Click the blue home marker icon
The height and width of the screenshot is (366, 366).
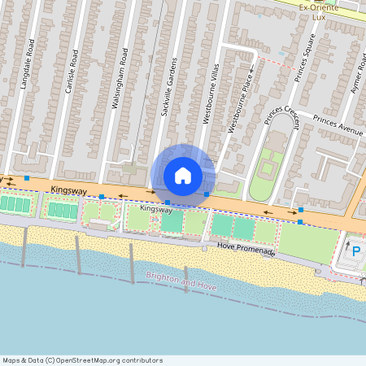click(x=183, y=176)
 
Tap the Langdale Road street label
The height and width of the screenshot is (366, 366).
click(x=31, y=57)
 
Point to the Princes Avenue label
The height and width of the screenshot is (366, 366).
click(x=338, y=124)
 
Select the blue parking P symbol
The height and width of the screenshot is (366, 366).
click(x=355, y=251)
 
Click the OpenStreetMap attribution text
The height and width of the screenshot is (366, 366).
click(x=82, y=359)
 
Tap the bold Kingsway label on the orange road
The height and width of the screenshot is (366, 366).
click(x=68, y=190)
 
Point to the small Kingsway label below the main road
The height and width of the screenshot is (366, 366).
click(x=155, y=209)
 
